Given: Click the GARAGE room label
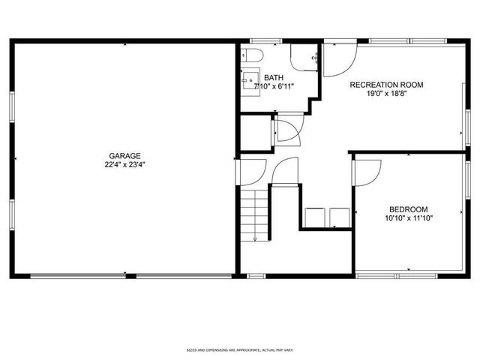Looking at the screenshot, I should (124, 156).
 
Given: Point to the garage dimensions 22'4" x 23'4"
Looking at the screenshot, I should (124, 165).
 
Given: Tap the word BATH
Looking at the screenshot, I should (273, 77).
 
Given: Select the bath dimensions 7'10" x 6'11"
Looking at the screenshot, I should (273, 86).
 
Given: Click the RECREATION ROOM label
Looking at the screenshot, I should (386, 85).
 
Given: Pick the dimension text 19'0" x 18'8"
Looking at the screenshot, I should (386, 94).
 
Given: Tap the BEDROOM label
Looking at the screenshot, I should (408, 209).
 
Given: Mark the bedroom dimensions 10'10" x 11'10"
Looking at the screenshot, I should (408, 218).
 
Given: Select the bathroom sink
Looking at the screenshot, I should (250, 79).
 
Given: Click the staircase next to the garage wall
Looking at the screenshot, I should (255, 214).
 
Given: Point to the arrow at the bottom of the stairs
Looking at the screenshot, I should (255, 238).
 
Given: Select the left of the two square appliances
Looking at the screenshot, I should (313, 216).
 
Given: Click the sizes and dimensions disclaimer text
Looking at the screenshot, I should (239, 350).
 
